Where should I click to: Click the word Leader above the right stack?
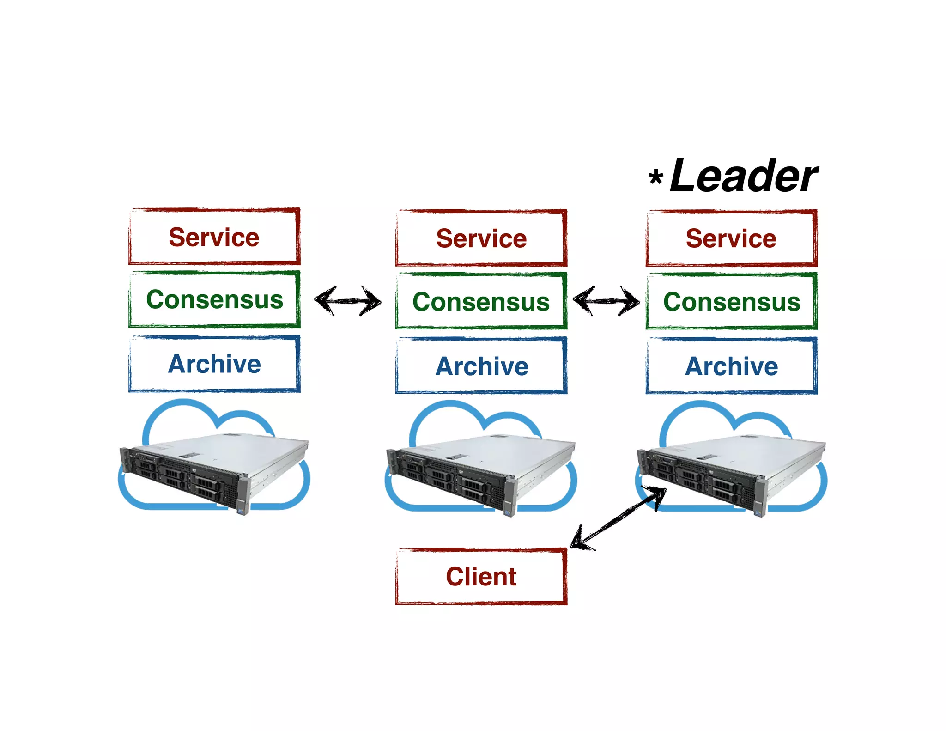(x=743, y=177)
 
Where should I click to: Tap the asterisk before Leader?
(x=655, y=177)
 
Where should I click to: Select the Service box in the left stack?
(x=214, y=237)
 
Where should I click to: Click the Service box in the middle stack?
(x=481, y=238)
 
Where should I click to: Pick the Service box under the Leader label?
(x=731, y=238)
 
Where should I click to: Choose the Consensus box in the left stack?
(x=214, y=299)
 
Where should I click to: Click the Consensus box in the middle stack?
(x=481, y=301)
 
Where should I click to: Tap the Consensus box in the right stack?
(x=731, y=301)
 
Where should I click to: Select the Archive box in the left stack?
(x=214, y=364)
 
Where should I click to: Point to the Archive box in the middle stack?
(x=481, y=366)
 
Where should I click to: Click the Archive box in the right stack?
(x=731, y=366)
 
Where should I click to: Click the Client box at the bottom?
(x=481, y=577)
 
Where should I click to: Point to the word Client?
(x=481, y=577)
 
